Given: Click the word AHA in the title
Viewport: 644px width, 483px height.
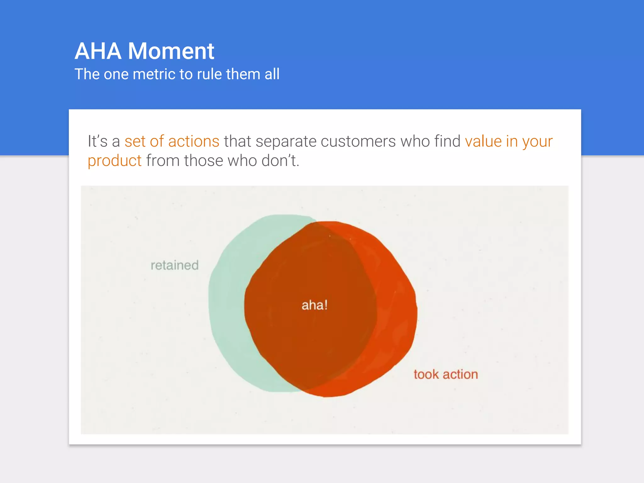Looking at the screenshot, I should [98, 51].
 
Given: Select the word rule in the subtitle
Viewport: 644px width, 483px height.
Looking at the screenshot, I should [209, 75].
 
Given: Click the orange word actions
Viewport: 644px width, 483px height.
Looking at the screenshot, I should [194, 141].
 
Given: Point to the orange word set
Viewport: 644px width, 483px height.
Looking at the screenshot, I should [135, 141].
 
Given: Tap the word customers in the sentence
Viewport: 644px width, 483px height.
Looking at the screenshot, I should [358, 141].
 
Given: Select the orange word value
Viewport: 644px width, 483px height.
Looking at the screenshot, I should [483, 141].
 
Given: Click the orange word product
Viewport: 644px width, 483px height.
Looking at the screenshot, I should [114, 161].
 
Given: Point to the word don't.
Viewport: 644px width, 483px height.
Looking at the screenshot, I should [280, 161].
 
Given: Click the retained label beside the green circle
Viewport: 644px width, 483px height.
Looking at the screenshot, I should [175, 265].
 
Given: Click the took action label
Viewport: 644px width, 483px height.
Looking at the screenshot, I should [446, 375].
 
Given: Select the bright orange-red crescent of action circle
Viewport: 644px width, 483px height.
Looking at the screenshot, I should [398, 311].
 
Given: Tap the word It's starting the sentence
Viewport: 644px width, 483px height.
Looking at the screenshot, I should [97, 141].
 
